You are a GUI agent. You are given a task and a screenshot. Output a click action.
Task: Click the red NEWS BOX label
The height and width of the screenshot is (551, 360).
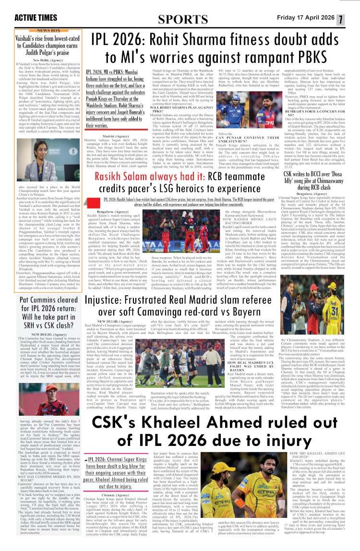click(45, 30)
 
